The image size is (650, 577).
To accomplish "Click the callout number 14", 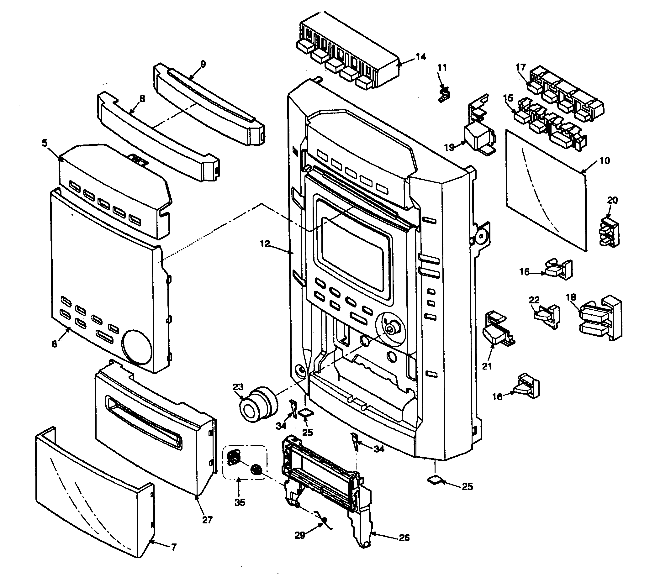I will [x=420, y=57].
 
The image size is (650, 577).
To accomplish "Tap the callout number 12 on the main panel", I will [x=264, y=244].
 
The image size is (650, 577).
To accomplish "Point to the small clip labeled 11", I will [x=444, y=94].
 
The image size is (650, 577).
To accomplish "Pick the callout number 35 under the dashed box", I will [x=240, y=502].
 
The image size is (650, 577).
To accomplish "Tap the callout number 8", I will [x=142, y=99].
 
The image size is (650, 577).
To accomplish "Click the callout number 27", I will [x=207, y=520].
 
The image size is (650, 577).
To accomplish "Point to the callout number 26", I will [x=404, y=538].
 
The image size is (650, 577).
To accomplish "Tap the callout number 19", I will [x=449, y=147].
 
